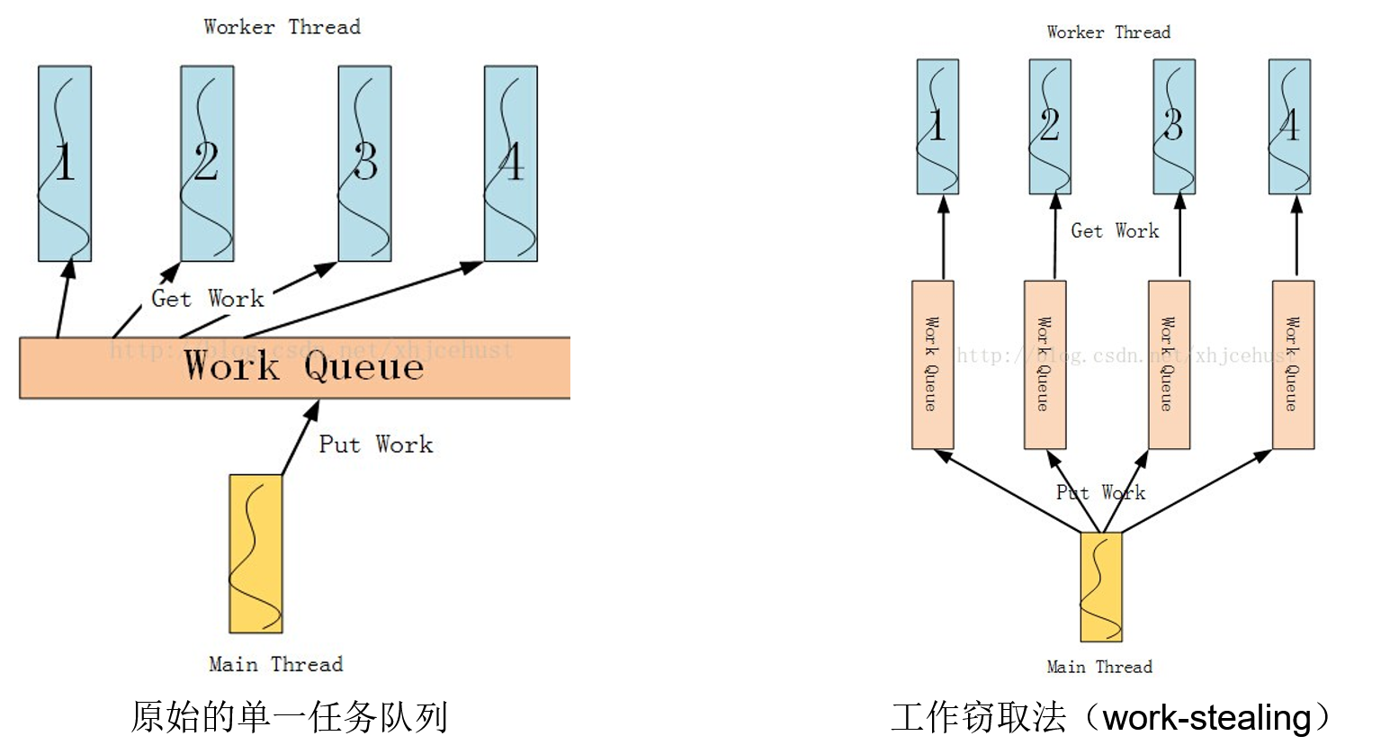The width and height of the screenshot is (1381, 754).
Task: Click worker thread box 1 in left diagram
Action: click(65, 164)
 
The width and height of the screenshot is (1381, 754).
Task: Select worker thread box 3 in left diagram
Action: click(364, 164)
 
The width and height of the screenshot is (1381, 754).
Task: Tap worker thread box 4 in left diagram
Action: click(510, 164)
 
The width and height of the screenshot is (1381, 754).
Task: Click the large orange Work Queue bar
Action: click(295, 368)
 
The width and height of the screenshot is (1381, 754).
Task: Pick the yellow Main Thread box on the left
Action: click(256, 553)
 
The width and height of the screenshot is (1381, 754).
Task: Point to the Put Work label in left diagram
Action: click(375, 444)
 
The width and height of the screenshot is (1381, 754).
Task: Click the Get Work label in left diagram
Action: click(207, 299)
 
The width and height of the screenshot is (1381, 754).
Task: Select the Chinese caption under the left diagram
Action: click(289, 717)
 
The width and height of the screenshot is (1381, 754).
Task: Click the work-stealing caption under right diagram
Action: click(1110, 718)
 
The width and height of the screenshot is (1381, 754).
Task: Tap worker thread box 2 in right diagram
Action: click(1050, 127)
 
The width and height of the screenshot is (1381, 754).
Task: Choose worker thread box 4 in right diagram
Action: click(1289, 127)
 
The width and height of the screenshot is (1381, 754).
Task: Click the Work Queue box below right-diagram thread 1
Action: click(932, 364)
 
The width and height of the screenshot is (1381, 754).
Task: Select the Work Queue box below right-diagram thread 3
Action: click(1169, 364)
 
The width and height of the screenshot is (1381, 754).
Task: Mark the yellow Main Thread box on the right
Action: click(1101, 587)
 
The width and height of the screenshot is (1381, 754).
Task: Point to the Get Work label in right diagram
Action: click(1115, 231)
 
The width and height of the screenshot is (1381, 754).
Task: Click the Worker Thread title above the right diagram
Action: click(1108, 32)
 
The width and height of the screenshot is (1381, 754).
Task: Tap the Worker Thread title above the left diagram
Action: click(282, 27)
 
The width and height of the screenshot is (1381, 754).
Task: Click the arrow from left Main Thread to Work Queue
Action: click(300, 438)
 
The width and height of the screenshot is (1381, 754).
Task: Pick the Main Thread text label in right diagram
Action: click(1099, 667)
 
